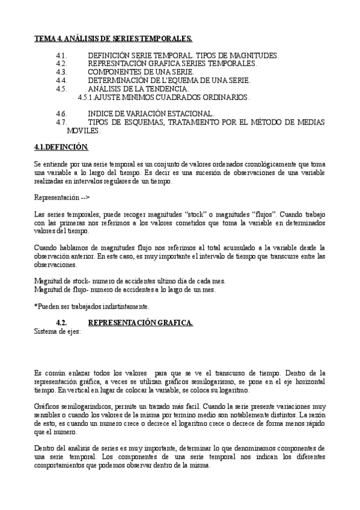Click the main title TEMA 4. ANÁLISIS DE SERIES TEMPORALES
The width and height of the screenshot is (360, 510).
pyautogui.click(x=113, y=38)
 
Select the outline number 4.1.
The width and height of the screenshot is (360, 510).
pyautogui.click(x=60, y=55)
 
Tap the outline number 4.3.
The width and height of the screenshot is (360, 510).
pyautogui.click(x=60, y=72)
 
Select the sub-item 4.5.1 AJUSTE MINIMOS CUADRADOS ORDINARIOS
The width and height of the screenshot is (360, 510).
pyautogui.click(x=164, y=97)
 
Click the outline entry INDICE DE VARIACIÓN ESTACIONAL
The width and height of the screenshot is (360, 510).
pyautogui.click(x=150, y=114)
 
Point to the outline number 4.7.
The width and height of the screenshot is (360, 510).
pyautogui.click(x=60, y=122)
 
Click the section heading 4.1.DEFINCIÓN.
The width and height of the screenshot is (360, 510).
pyautogui.click(x=61, y=147)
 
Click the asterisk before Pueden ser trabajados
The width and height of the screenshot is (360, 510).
pyautogui.click(x=35, y=306)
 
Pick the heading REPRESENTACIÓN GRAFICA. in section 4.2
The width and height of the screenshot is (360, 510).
pyautogui.click(x=140, y=323)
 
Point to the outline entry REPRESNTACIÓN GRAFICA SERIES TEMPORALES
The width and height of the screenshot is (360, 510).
pyautogui.click(x=172, y=63)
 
